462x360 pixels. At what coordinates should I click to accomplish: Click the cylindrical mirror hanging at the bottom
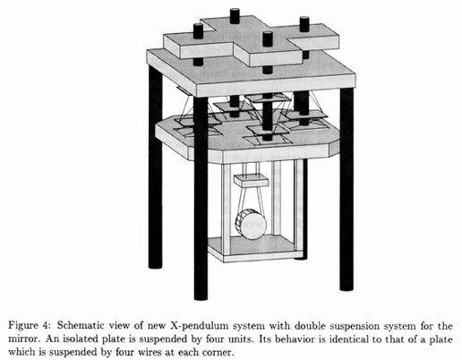[x=251, y=224]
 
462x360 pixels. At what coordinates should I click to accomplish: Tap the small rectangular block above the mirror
[x=252, y=181]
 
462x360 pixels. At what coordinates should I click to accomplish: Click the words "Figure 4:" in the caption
[x=29, y=325]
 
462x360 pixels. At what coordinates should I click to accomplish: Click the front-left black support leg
[x=201, y=198]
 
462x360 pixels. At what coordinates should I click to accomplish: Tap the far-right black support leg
[x=346, y=189]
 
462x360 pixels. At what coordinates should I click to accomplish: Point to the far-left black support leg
[x=155, y=167]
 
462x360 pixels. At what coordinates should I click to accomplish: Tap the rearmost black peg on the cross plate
[x=235, y=16]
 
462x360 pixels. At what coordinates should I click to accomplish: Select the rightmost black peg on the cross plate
[x=304, y=24]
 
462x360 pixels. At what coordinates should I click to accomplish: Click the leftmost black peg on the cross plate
[x=198, y=31]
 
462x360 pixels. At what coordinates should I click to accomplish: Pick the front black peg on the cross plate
[x=268, y=39]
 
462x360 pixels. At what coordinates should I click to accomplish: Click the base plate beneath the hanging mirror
[x=255, y=249]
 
